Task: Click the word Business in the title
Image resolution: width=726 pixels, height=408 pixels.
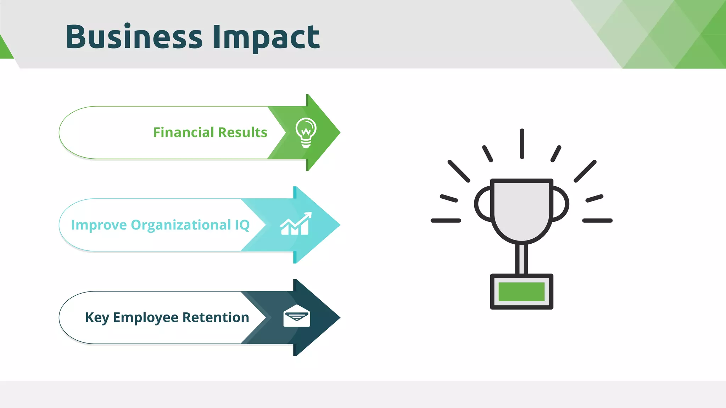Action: tap(134, 37)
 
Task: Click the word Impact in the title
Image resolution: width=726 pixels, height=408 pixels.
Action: tap(266, 38)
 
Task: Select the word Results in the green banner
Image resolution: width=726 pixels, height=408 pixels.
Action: tap(243, 132)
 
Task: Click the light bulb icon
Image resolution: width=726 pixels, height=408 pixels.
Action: tap(306, 132)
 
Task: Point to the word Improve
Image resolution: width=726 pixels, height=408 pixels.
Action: tap(99, 225)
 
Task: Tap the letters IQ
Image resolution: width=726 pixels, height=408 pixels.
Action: tap(242, 225)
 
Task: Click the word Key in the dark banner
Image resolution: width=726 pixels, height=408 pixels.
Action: tap(97, 318)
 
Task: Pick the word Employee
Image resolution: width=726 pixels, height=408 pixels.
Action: tap(146, 318)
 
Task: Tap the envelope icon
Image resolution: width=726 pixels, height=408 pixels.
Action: tap(297, 316)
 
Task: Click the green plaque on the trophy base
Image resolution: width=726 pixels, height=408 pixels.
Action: tap(521, 291)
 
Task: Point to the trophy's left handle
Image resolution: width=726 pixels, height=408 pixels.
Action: tap(483, 204)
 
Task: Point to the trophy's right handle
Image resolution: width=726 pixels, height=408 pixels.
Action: tap(561, 204)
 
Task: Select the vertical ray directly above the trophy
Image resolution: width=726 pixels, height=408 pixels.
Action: tap(522, 143)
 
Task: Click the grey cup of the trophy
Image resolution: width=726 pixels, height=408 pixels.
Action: tap(521, 209)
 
